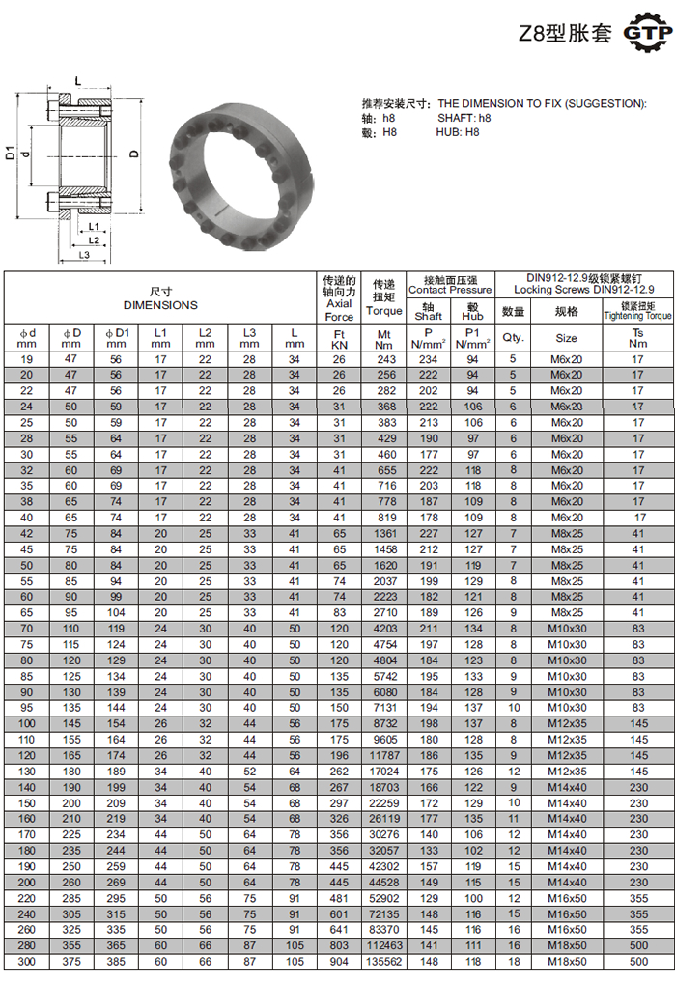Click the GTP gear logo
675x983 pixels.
pyautogui.click(x=647, y=32)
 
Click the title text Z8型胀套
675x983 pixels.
pyautogui.click(x=565, y=33)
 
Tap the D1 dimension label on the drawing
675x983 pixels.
pyautogui.click(x=10, y=153)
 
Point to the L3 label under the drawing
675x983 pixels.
pyautogui.click(x=84, y=255)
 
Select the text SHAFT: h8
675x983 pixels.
pyautogui.click(x=464, y=118)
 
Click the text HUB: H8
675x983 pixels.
pyautogui.click(x=458, y=132)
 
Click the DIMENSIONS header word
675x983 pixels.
pyautogui.click(x=160, y=305)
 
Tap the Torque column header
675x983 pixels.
pyautogui.click(x=383, y=311)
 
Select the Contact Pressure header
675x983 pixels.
pyautogui.click(x=450, y=290)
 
